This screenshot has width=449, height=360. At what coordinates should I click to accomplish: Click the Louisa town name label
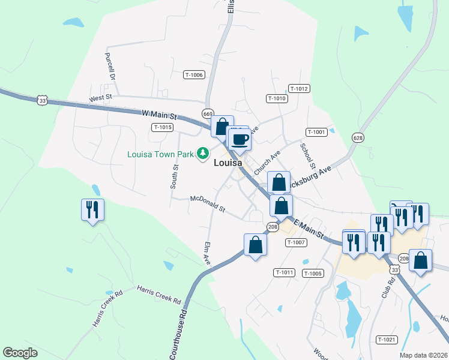pos(228,163)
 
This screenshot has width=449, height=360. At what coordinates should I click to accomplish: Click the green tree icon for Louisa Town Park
pos(203,154)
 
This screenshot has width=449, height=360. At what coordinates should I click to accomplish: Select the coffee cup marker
pos(240,140)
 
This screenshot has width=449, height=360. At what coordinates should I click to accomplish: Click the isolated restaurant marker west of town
pos(92,211)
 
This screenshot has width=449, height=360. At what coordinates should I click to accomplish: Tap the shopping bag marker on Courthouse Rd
pos(255,245)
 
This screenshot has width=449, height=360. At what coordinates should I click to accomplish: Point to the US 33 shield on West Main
pos(41,101)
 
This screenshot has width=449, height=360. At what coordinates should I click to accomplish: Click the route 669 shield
pos(208,113)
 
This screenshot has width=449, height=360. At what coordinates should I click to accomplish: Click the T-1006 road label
pos(194,75)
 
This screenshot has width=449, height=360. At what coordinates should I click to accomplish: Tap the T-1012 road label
pos(298,89)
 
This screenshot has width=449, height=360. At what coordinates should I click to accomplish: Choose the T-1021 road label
pos(387,340)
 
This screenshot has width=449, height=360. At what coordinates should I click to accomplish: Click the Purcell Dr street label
pos(109,66)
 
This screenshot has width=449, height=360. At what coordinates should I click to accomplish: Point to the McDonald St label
pos(207,204)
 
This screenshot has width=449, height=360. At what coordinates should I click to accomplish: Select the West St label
pos(101,97)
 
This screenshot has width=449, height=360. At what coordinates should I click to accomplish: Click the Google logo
pos(20,353)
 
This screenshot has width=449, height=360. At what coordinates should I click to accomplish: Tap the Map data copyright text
pos(423,355)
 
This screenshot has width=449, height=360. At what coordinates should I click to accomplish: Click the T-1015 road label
pos(163,127)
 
